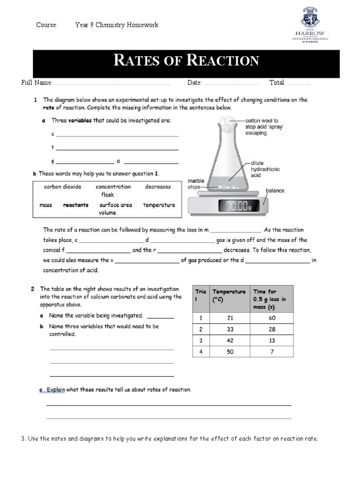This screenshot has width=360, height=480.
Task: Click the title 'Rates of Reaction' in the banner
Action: [x=186, y=60]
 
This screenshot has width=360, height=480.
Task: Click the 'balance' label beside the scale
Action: [x=275, y=191]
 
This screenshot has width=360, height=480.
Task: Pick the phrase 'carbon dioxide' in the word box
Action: [x=62, y=187]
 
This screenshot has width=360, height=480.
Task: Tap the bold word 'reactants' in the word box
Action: [x=75, y=205]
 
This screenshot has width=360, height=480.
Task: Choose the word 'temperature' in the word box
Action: [x=159, y=205]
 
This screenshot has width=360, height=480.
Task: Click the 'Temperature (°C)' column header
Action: [x=229, y=295]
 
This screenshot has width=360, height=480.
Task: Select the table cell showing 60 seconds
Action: [x=271, y=318]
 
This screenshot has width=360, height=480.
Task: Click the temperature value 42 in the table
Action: [x=230, y=340]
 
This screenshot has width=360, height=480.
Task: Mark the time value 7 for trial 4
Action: [x=271, y=352]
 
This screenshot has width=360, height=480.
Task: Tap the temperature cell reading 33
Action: [x=230, y=329]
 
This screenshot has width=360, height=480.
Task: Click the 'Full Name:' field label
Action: [x=37, y=83]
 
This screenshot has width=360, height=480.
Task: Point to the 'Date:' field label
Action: [x=195, y=83]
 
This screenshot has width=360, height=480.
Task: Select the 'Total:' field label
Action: [x=277, y=83]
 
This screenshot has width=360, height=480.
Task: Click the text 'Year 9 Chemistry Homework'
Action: [x=117, y=25]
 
